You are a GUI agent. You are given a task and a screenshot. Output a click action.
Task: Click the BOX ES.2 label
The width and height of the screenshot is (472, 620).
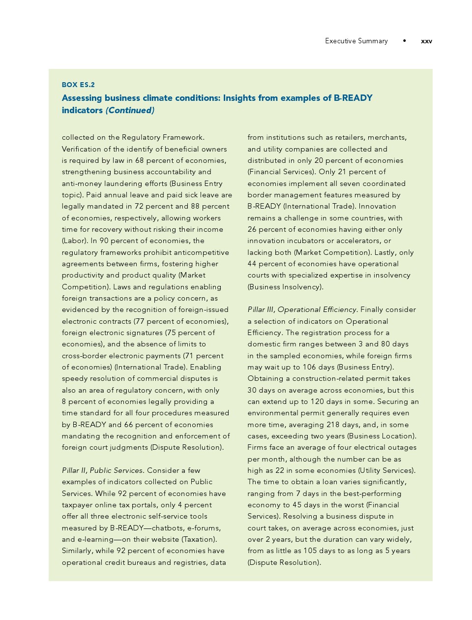coord(78,85)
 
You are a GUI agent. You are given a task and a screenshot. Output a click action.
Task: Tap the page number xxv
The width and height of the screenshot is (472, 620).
coord(426,41)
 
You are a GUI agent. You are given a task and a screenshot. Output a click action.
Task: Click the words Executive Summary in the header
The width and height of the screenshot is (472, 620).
coord(356,41)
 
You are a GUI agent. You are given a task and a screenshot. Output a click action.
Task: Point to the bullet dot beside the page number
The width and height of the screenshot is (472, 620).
coord(404,40)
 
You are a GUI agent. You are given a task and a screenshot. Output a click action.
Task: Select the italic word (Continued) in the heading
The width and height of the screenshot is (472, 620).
coord(130,110)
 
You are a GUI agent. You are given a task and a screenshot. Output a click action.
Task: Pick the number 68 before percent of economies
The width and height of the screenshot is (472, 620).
coord(140,160)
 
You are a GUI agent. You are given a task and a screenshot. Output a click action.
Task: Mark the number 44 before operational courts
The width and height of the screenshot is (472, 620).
coord(252,264)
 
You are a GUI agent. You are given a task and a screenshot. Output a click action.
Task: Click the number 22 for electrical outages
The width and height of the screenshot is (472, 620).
coord(279,470)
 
